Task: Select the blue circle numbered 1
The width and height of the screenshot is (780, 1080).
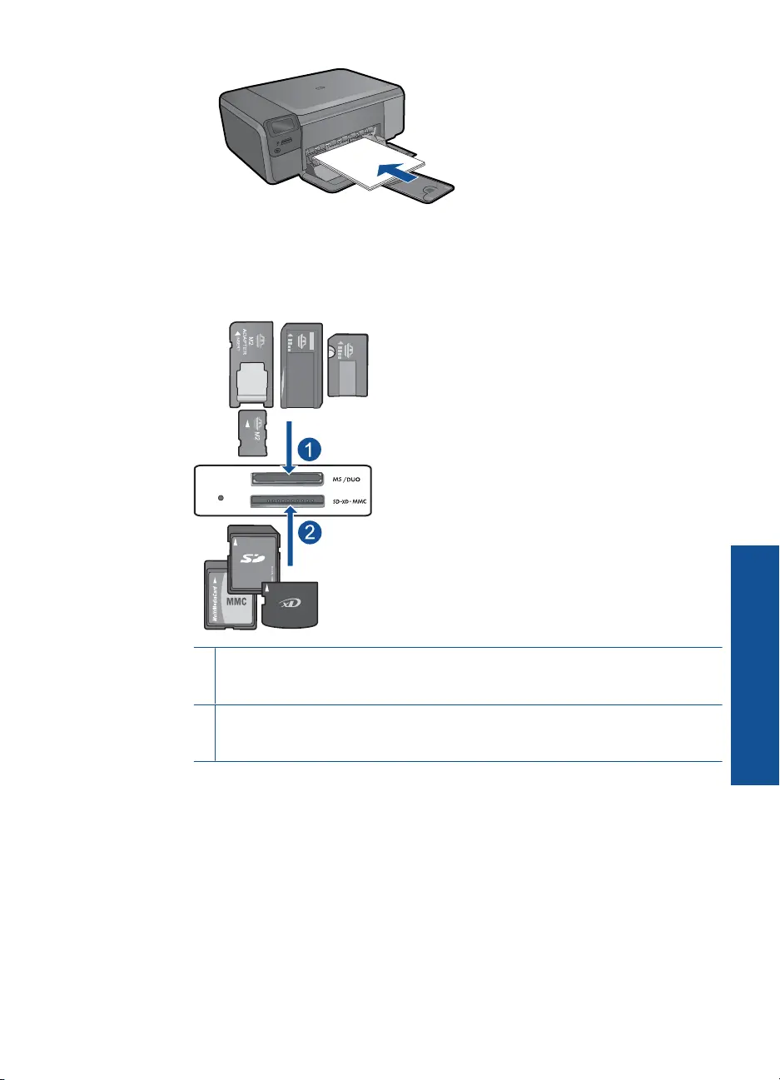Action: point(308,450)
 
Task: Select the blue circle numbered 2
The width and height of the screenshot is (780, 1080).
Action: point(308,533)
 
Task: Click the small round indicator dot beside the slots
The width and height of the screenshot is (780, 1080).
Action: point(221,497)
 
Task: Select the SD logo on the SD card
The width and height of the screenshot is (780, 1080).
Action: point(251,556)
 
